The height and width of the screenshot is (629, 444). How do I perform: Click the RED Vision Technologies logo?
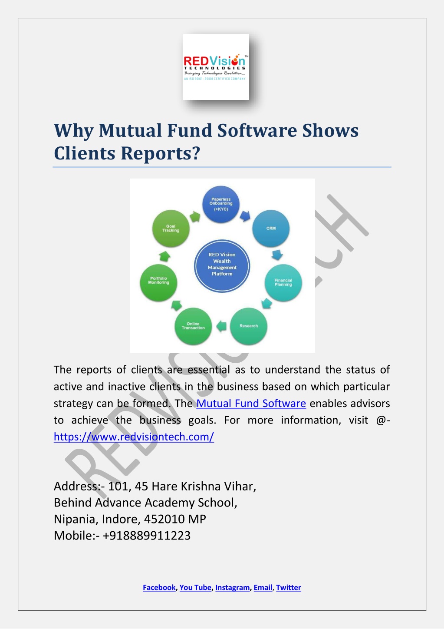click(216, 67)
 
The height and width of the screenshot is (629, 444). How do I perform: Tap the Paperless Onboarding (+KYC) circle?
click(221, 204)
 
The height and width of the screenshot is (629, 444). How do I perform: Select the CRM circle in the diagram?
click(271, 228)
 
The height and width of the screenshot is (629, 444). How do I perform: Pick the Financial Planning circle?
click(283, 282)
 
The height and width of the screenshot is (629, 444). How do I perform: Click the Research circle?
click(249, 326)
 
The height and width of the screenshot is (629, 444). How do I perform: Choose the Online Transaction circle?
click(193, 326)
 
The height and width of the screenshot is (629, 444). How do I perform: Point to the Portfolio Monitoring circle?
click(158, 282)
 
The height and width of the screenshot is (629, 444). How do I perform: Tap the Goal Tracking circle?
click(171, 228)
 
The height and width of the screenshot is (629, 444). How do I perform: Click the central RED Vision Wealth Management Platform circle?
click(222, 266)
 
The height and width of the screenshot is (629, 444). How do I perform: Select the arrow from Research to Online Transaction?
click(222, 326)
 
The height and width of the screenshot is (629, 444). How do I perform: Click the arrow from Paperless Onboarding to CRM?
click(245, 215)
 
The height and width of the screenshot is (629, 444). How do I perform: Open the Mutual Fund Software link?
click(251, 403)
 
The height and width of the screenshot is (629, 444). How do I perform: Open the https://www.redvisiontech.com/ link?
click(134, 437)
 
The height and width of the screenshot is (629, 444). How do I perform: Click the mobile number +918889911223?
click(147, 536)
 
